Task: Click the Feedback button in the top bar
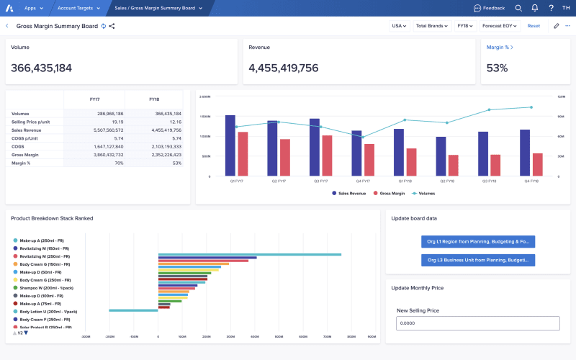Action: [490, 8]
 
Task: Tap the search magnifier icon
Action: [518, 8]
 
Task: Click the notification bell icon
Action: [534, 8]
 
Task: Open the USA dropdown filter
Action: [398, 26]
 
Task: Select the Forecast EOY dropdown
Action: [500, 26]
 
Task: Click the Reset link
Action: [534, 26]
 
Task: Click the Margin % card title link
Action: [500, 47]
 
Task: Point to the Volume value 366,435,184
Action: [42, 68]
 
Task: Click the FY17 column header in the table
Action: [94, 99]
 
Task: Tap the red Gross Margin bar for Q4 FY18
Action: [537, 164]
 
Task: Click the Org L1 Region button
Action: [477, 242]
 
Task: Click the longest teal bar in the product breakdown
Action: [249, 254]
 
